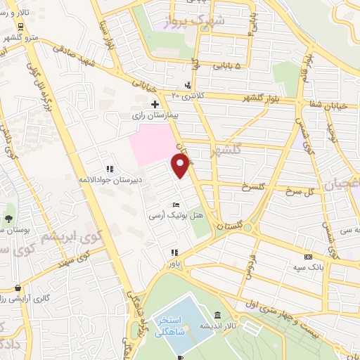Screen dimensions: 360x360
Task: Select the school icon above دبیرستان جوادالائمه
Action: (x=109, y=169)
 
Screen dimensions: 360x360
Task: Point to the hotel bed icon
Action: (x=176, y=204)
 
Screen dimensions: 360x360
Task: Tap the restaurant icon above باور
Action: (x=174, y=252)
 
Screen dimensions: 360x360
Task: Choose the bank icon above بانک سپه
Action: (x=307, y=257)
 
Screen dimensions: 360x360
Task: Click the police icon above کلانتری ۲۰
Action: (x=188, y=85)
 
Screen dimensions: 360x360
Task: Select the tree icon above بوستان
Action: (x=8, y=218)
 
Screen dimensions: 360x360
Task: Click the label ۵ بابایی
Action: (x=228, y=65)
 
